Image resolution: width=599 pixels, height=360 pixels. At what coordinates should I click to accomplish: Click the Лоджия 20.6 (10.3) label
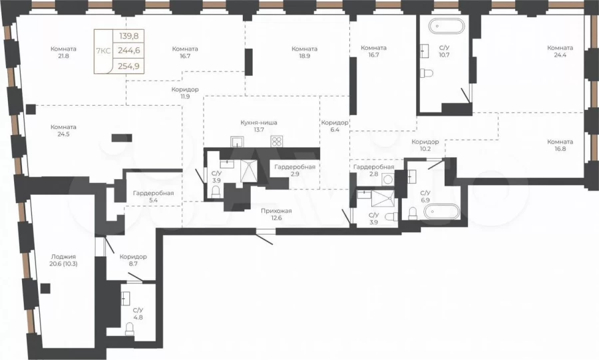63,260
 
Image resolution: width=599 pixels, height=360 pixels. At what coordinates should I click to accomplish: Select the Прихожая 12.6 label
276,214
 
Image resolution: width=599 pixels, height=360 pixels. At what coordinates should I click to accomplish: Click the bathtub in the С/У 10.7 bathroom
447,27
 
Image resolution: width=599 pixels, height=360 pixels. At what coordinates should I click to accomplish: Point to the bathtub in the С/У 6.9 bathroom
443,211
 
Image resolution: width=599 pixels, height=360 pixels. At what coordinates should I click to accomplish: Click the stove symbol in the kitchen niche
276,141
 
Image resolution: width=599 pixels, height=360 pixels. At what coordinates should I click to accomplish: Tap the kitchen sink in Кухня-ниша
237,141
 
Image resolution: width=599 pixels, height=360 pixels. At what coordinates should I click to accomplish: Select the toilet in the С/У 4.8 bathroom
130,329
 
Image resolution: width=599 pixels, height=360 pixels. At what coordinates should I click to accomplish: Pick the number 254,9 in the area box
129,66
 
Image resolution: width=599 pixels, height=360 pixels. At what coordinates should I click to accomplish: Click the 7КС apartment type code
103,51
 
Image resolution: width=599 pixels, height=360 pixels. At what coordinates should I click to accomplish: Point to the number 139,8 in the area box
129,37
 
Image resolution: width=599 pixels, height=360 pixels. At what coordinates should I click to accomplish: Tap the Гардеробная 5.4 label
153,196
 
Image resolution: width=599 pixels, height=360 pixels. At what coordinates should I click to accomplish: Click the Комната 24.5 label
63,130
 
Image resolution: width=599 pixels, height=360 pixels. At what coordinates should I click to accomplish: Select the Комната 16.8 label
560,145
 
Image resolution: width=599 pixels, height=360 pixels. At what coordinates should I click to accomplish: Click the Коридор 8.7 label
133,260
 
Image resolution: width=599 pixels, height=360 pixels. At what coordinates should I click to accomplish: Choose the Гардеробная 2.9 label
295,170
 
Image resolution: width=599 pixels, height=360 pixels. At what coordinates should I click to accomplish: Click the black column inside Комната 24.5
122,138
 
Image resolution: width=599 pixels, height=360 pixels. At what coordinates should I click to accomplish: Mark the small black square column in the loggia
45,288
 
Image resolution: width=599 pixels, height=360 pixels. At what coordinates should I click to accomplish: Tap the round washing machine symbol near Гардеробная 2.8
388,179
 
